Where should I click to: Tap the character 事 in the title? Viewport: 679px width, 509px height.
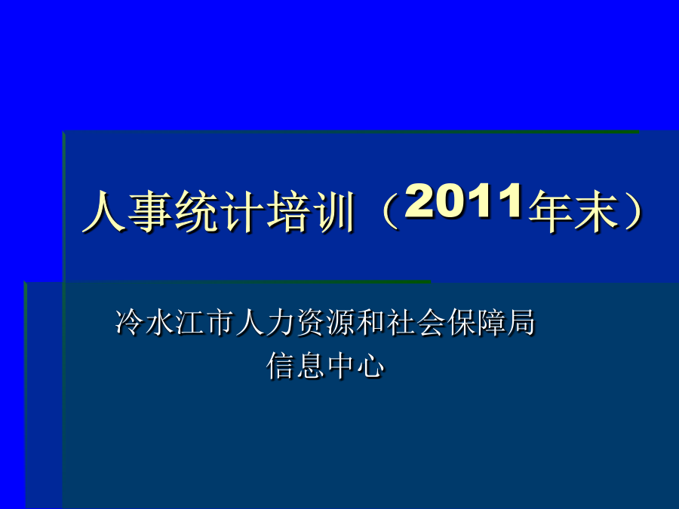(150, 211)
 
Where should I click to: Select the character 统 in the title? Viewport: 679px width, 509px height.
(196, 211)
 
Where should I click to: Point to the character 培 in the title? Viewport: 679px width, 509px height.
(288, 211)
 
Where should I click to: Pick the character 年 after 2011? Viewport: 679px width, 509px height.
(550, 211)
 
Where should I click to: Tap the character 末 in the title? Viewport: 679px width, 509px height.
(596, 211)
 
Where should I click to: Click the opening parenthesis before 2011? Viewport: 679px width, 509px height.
(390, 211)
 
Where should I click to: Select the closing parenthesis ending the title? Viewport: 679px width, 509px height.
(633, 211)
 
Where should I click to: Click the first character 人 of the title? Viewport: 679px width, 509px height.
(104, 211)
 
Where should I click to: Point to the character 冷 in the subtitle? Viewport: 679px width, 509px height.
(129, 322)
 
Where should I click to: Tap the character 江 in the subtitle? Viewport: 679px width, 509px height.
(189, 322)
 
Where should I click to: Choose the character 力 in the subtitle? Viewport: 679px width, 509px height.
(280, 322)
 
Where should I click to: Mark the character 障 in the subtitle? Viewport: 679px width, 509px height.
(491, 322)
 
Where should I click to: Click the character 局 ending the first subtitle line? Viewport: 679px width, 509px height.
(521, 322)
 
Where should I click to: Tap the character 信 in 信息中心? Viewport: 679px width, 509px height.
(280, 366)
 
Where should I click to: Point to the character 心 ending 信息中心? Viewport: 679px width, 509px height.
(370, 366)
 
